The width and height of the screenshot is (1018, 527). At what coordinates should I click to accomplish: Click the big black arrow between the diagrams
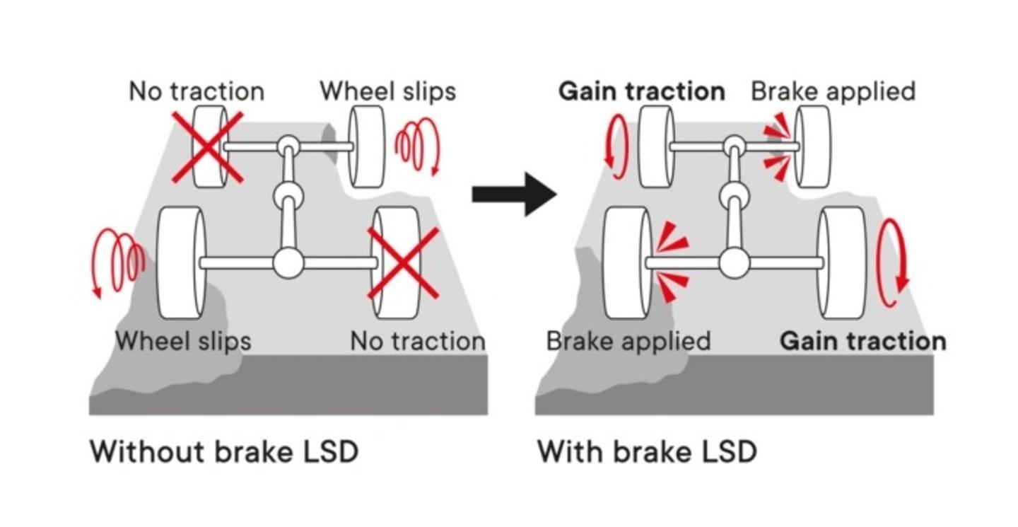514,193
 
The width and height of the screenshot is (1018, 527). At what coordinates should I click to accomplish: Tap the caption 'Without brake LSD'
223,451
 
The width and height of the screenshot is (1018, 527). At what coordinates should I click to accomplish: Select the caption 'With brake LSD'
647,451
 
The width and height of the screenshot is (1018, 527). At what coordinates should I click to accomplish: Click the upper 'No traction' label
197,91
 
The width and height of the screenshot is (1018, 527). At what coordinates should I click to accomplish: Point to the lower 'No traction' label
418,342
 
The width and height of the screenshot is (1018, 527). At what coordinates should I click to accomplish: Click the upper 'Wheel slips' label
387,91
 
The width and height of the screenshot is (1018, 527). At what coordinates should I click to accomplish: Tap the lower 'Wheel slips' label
183,341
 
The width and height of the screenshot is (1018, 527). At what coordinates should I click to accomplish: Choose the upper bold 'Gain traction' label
641,91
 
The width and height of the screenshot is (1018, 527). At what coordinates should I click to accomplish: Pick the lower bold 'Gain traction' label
862,341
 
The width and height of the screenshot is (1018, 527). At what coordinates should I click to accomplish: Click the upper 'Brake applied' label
833,91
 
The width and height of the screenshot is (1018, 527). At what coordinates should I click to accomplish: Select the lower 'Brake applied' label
628,341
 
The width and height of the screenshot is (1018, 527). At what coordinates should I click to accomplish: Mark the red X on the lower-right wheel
403,262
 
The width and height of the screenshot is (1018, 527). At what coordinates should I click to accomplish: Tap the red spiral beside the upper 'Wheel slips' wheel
416,147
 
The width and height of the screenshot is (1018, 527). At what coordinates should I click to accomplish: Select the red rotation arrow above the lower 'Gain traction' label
891,262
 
